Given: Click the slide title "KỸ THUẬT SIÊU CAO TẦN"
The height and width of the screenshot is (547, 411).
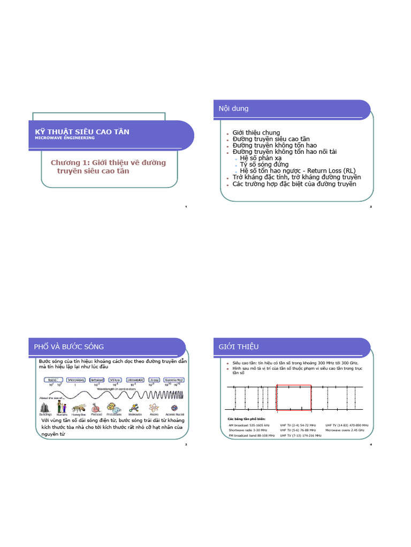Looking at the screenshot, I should [x=79, y=131].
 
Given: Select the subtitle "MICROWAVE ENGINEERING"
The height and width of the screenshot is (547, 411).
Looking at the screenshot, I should [x=64, y=138].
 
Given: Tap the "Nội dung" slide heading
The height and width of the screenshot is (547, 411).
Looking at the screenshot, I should [x=233, y=108].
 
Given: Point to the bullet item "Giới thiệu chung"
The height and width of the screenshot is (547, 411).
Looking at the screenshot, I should [x=256, y=132].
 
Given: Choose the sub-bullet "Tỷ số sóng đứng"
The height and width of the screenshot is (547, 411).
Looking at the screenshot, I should [x=264, y=165].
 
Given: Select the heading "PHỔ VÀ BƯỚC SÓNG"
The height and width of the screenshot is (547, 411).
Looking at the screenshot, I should [x=68, y=347].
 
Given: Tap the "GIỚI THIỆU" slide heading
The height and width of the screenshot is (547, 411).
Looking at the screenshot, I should [x=239, y=347].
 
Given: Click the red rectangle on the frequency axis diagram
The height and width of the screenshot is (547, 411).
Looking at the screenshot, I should [x=293, y=397].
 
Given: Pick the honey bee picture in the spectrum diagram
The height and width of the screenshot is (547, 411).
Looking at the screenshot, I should [x=80, y=408].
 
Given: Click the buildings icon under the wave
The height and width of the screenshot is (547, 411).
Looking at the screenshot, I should [x=45, y=408].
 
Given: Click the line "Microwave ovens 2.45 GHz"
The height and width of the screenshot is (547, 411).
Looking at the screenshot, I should [x=345, y=429].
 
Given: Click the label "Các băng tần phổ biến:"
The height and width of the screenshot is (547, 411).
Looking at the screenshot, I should [x=246, y=418].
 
